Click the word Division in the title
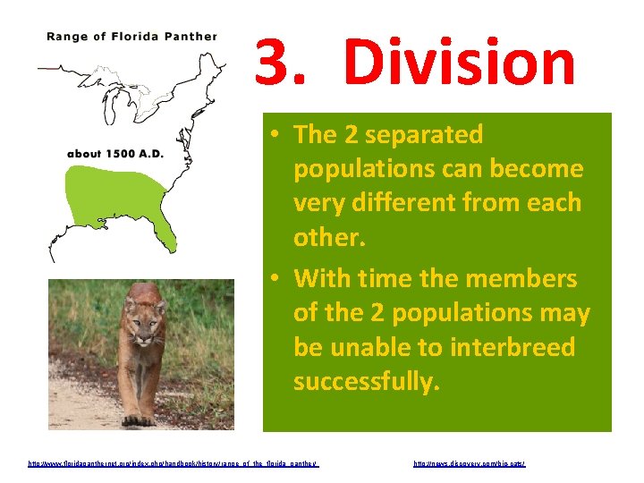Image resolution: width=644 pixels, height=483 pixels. (x=460, y=64)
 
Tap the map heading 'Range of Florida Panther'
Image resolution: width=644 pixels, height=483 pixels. (x=131, y=37)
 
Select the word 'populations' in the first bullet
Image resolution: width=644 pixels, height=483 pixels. (x=368, y=169)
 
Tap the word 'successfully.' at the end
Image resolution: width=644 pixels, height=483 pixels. (x=367, y=382)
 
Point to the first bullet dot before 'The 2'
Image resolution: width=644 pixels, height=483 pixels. (x=278, y=135)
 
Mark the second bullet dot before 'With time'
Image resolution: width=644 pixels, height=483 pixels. (x=278, y=279)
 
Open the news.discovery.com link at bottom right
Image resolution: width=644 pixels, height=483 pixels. (x=470, y=464)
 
